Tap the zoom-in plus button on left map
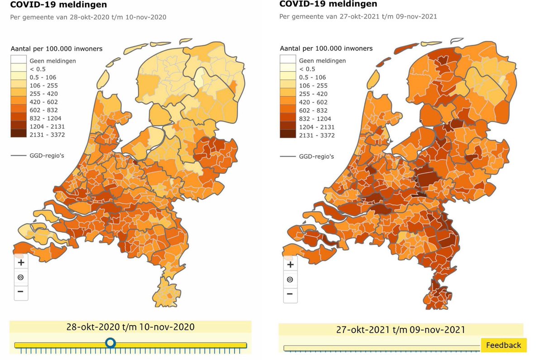point(21,262)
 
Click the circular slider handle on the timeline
point(110,343)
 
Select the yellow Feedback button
point(503,345)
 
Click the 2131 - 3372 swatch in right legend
point(287,135)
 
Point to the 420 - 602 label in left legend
point(43,102)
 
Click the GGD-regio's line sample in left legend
point(19,156)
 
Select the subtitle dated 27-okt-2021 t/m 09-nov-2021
point(358,16)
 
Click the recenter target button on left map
point(21,277)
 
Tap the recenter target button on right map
point(290,279)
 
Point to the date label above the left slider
point(130,327)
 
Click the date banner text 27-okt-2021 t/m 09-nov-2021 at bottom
point(400,330)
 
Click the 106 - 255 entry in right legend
point(312,86)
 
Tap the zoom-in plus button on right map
point(290,264)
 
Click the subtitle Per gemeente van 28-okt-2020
point(88,17)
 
